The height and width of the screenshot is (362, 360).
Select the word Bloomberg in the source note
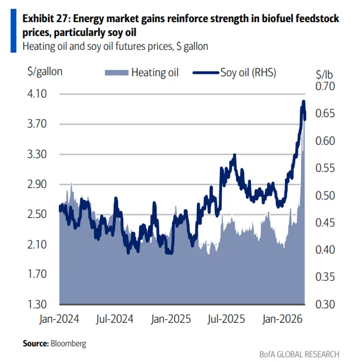(68, 342)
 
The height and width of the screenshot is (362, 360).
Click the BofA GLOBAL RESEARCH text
(299, 354)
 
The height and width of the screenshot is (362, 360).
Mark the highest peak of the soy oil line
(303, 101)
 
